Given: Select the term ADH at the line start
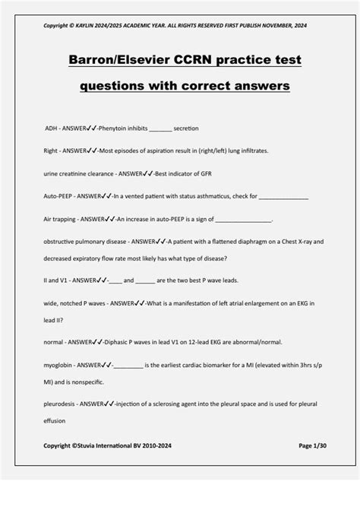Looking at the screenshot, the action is pos(51,128).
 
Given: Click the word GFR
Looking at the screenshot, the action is pos(199,173).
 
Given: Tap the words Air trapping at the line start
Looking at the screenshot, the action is pos(61,218).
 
